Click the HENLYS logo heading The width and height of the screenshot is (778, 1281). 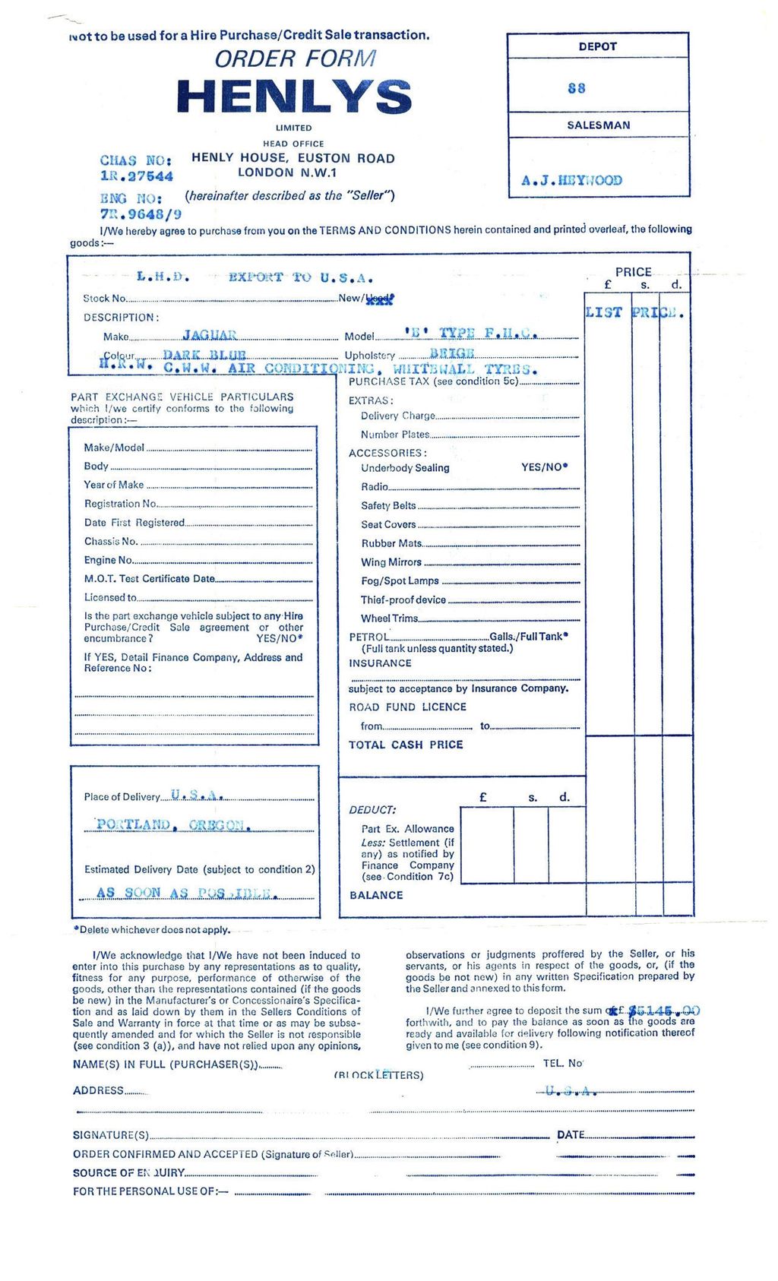(293, 97)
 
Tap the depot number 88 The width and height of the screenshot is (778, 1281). (577, 88)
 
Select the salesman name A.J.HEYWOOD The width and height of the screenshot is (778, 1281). (571, 181)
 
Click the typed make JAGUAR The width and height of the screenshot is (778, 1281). (210, 335)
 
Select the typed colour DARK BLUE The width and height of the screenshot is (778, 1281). (204, 355)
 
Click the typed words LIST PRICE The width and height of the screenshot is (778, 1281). (635, 312)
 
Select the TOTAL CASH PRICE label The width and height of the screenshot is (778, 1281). (406, 745)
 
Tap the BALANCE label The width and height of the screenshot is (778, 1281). (376, 895)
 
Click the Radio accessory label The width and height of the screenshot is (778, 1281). (375, 486)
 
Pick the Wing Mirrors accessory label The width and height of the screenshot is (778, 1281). (391, 562)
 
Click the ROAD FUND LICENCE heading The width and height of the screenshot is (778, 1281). (407, 707)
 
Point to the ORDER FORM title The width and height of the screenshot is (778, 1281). (295, 59)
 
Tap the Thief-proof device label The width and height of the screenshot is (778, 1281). (403, 599)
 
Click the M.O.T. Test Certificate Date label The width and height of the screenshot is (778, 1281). (150, 578)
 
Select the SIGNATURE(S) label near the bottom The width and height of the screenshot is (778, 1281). (111, 1135)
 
